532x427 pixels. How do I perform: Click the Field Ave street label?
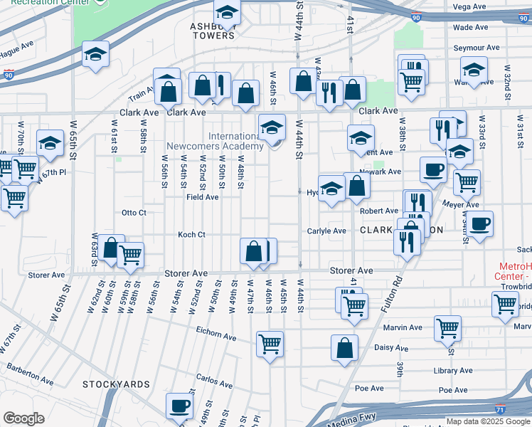(203, 197)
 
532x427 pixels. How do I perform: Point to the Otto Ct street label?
(134, 213)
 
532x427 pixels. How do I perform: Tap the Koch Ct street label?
(191, 234)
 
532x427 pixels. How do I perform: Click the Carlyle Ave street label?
(326, 231)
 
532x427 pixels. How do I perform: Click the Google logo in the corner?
(23, 418)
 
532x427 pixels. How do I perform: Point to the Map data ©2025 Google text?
(487, 421)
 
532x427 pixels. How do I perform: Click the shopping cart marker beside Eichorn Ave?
(270, 344)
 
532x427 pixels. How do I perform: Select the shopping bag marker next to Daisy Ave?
(344, 348)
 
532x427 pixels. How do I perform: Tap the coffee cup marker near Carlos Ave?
(180, 406)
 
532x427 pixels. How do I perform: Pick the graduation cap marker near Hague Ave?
(95, 55)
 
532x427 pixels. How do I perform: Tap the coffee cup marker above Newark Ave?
(434, 169)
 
